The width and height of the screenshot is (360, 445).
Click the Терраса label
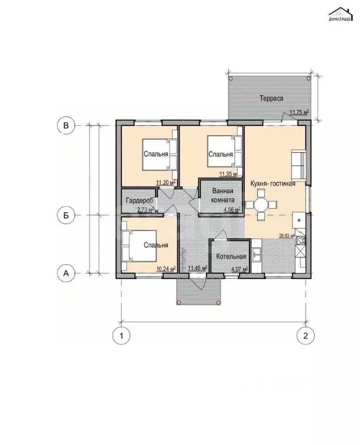[x=270, y=99]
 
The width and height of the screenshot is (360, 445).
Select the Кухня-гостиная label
[x=273, y=184]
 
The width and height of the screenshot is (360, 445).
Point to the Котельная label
[x=231, y=257]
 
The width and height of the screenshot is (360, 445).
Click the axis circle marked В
[x=67, y=125]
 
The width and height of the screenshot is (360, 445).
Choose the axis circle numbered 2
[x=305, y=335]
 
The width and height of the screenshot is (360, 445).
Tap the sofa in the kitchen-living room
[x=299, y=165]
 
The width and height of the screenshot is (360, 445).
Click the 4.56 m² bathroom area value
[x=232, y=210]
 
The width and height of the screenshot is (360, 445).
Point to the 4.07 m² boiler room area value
[x=239, y=269]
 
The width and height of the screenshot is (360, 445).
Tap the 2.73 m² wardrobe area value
[x=145, y=210]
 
